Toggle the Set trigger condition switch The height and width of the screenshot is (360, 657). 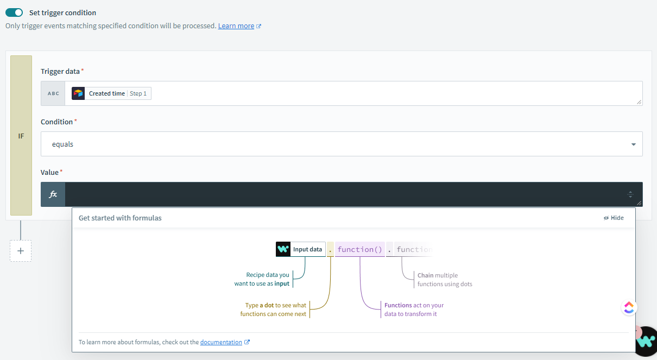click(14, 12)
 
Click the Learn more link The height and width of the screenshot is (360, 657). click(236, 26)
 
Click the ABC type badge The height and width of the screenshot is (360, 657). click(53, 93)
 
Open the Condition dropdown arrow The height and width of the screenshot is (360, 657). click(633, 144)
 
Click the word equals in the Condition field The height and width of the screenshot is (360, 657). click(62, 144)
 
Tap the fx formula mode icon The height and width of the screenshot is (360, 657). click(53, 194)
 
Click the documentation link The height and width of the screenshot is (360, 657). click(221, 342)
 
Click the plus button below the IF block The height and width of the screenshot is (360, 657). click(21, 251)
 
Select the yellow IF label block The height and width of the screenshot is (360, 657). click(21, 136)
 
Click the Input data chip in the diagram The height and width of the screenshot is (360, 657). click(301, 249)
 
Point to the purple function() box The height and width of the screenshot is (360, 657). click(359, 249)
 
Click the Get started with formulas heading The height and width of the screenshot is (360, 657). click(120, 218)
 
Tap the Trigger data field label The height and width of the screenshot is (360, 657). click(60, 72)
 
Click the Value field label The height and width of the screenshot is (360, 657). click(49, 172)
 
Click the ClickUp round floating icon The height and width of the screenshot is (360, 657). click(629, 308)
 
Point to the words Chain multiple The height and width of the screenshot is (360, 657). click(438, 275)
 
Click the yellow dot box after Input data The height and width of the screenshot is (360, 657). click(330, 249)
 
